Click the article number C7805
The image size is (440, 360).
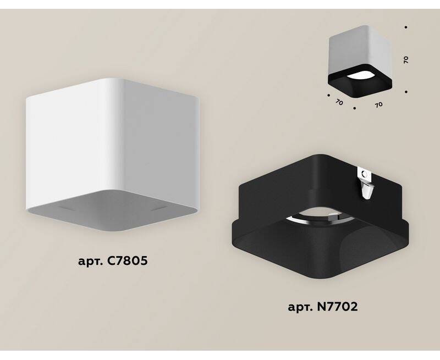pyautogui.click(x=128, y=261)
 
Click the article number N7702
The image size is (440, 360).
pyautogui.click(x=337, y=307)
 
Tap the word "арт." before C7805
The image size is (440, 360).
pyautogui.click(x=91, y=262)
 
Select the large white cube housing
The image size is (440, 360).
pyautogui.click(x=112, y=155)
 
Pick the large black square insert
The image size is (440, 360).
pyautogui.click(x=320, y=216)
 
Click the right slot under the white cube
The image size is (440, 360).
pyautogui.click(x=159, y=208)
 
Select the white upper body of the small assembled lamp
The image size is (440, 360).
pyautogui.click(x=360, y=51)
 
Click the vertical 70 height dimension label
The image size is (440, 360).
pyautogui.click(x=406, y=59)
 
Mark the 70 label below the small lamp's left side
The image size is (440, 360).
pyautogui.click(x=339, y=102)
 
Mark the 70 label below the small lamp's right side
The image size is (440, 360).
pyautogui.click(x=378, y=104)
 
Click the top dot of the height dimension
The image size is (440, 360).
pyautogui.click(x=406, y=27)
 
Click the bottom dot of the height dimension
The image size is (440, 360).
pyautogui.click(x=406, y=91)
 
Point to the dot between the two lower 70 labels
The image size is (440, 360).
pyautogui.click(x=355, y=108)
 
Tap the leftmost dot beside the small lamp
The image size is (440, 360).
pyautogui.click(x=328, y=95)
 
